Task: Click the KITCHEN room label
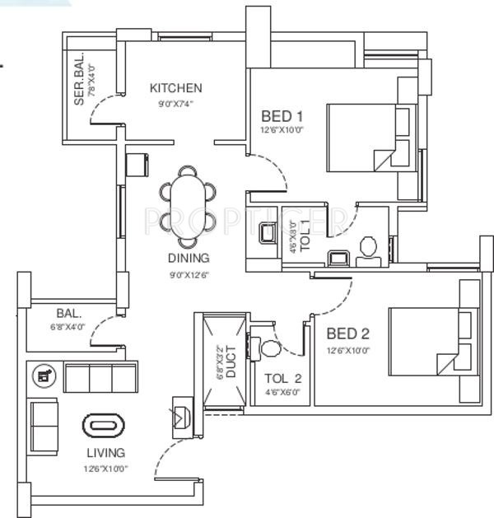[x=175, y=88]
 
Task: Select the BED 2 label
[x=347, y=334]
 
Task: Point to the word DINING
[x=189, y=257]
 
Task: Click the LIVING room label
[x=106, y=452]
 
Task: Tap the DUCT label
[x=231, y=362]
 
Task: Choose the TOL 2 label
[x=283, y=379]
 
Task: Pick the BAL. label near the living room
[x=69, y=313]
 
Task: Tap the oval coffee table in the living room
[x=105, y=426]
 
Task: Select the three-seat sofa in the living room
[x=100, y=377]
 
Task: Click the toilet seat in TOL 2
[x=267, y=347]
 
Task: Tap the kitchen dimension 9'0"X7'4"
[x=175, y=104]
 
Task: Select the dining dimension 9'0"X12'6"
[x=189, y=274]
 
